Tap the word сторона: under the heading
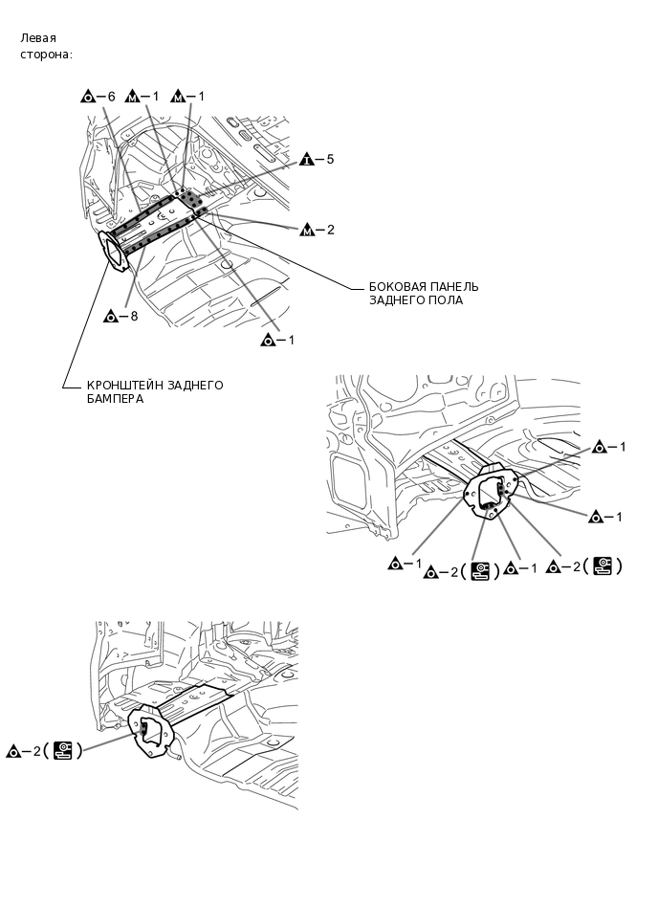46,55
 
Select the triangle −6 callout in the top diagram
99,97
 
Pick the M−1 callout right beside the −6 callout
144,97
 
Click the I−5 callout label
316,160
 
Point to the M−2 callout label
317,230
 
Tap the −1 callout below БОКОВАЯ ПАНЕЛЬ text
278,340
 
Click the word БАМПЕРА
115,399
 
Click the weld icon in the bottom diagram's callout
63,750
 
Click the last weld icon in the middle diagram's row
603,566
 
